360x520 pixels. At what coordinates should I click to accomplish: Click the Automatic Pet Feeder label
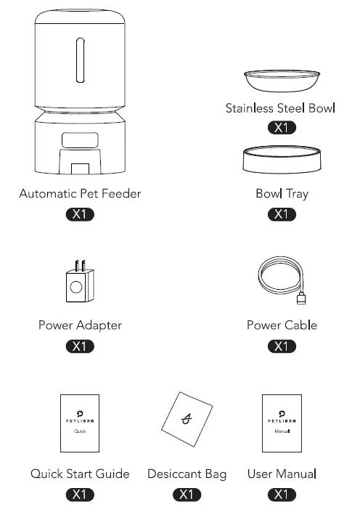[x=80, y=194]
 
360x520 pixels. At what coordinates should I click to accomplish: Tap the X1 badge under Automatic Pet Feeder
[x=80, y=214]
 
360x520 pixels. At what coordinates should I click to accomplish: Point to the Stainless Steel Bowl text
[x=280, y=109]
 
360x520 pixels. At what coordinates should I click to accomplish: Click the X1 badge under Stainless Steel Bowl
[x=281, y=129]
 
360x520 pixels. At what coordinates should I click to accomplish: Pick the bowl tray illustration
[x=281, y=160]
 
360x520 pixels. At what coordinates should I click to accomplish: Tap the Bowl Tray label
[x=282, y=194]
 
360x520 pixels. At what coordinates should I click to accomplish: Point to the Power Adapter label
[x=80, y=325]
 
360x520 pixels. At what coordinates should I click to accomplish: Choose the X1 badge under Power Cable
[x=281, y=346]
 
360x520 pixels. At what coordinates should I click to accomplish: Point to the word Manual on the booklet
[x=282, y=431]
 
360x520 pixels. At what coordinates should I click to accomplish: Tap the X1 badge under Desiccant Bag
[x=187, y=495]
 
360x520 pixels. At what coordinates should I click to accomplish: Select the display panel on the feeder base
[x=78, y=140]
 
